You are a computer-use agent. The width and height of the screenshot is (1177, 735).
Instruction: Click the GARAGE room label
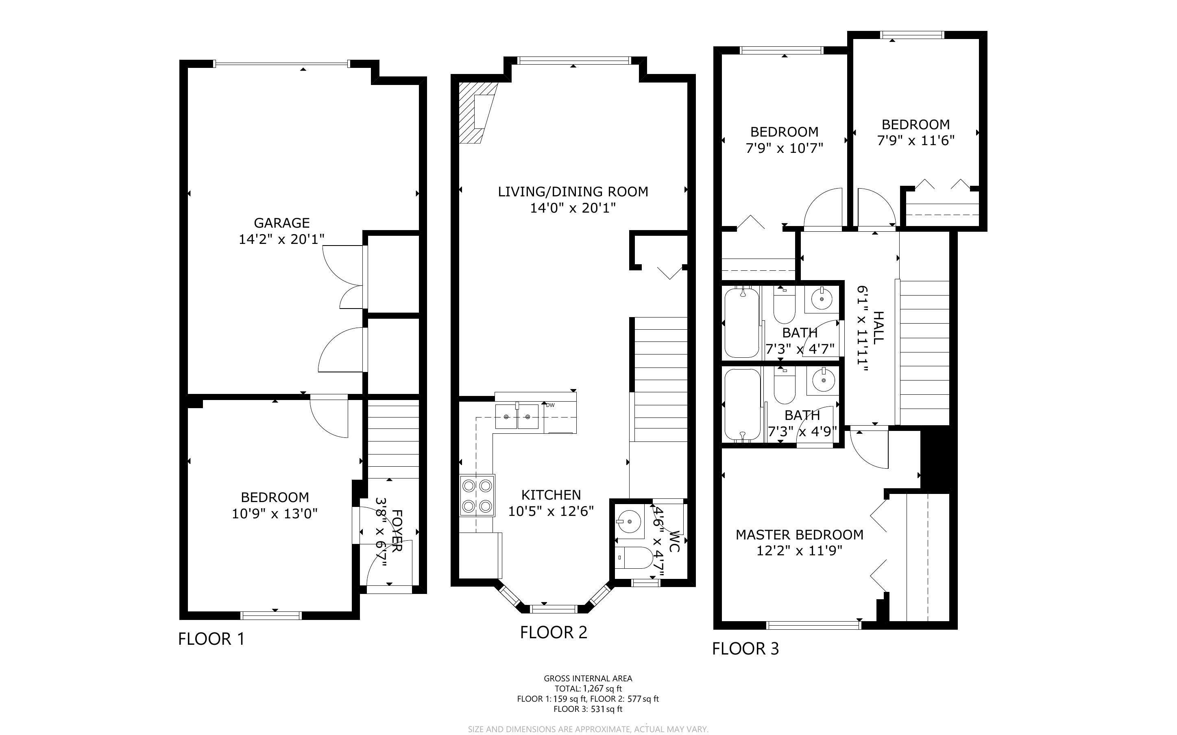(281, 223)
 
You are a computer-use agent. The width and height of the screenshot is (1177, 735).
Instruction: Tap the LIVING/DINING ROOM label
(573, 191)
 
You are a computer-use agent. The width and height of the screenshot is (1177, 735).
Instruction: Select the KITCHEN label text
(551, 495)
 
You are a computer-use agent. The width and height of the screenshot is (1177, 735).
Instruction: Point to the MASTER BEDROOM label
(799, 535)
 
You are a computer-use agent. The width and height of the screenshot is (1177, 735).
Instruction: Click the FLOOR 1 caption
(211, 639)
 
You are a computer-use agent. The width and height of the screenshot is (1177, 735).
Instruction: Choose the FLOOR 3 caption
(745, 648)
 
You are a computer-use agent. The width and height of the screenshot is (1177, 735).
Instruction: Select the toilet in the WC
(634, 558)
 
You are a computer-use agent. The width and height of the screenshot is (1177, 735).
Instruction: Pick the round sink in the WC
(630, 521)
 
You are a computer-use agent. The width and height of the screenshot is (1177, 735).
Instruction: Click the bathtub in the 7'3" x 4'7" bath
(742, 322)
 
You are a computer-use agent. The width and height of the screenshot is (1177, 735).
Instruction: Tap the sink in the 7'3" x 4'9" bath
(823, 381)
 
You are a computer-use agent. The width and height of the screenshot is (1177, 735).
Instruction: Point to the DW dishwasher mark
(550, 405)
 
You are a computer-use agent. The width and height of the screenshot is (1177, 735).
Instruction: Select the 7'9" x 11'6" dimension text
(916, 141)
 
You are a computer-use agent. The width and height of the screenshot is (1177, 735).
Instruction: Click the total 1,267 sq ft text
(588, 688)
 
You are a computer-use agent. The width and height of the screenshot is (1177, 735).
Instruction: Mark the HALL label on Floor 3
(878, 328)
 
